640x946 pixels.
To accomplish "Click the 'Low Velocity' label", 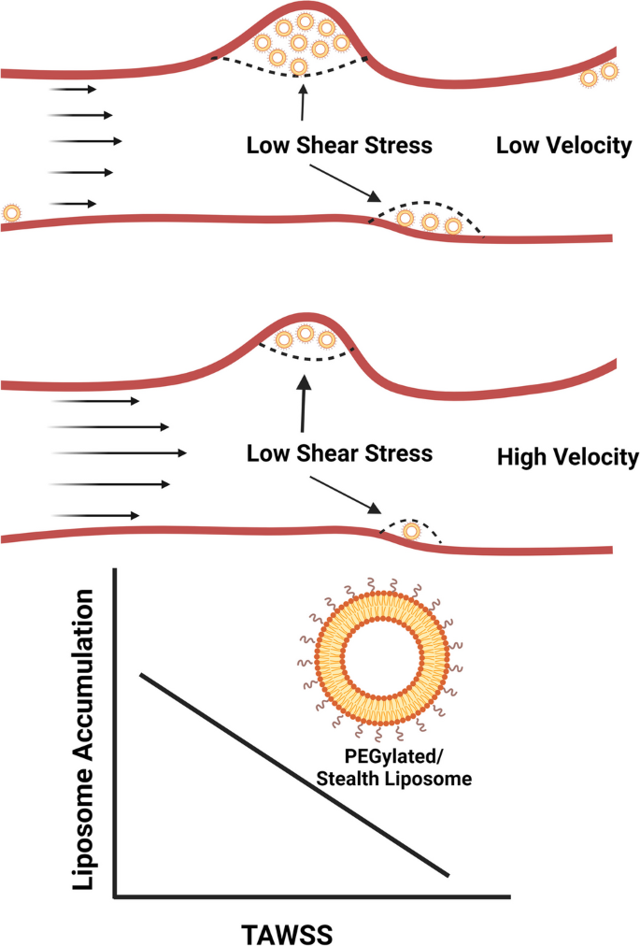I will pyautogui.click(x=563, y=146).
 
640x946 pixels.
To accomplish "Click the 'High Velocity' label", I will pyautogui.click(x=568, y=458).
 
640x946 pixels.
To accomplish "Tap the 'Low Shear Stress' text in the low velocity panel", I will pyautogui.click(x=338, y=146).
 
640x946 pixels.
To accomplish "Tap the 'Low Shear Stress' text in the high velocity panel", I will pyautogui.click(x=338, y=454).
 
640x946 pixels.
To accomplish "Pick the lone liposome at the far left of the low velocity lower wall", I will pyautogui.click(x=11, y=213).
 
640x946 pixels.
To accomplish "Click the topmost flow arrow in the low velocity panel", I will pyautogui.click(x=72, y=89).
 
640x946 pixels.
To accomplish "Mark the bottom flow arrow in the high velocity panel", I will pyautogui.click(x=96, y=515).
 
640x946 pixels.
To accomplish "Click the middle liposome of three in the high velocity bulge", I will pyautogui.click(x=305, y=334).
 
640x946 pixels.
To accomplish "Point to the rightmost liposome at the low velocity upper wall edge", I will pyautogui.click(x=609, y=71).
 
